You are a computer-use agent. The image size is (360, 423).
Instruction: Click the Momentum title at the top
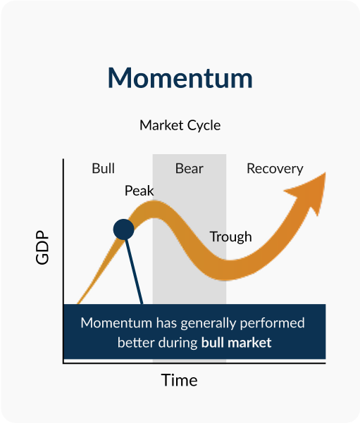tap(180, 78)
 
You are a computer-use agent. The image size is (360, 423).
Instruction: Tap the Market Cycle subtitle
tap(180, 125)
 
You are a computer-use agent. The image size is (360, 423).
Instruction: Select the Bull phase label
tap(104, 168)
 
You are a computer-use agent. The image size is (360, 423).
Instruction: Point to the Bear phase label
tap(190, 169)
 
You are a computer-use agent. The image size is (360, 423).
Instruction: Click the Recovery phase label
tap(275, 169)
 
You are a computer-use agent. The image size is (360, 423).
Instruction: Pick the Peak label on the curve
tap(139, 191)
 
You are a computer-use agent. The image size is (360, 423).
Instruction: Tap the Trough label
tap(230, 237)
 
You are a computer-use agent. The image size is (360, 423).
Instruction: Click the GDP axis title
tap(42, 247)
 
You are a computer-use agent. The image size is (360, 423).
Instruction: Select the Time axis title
tap(180, 380)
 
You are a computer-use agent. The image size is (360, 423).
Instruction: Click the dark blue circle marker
tap(124, 229)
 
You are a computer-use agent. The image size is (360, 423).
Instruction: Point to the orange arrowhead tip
tap(325, 172)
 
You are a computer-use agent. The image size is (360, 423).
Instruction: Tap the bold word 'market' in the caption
tap(249, 343)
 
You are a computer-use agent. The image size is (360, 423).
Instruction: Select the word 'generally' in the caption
tap(209, 324)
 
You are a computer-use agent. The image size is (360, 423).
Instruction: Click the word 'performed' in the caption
tap(272, 324)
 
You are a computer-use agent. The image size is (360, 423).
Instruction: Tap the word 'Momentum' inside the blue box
tap(116, 323)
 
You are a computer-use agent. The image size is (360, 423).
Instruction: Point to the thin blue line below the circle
tap(134, 272)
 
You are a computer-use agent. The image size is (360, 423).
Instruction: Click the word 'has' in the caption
tap(166, 323)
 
